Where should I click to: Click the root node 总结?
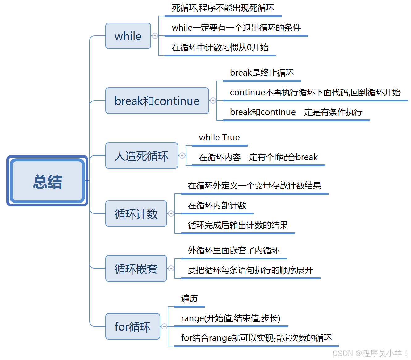pos(47,181)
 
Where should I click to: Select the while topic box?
pos(128,36)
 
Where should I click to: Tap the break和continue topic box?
pos(157,101)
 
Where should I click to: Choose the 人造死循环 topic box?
pos(141,156)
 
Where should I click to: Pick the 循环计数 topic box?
pos(136,214)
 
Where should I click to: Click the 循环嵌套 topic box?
pos(136,269)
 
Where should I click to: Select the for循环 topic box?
pos(132,327)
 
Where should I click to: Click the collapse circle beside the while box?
pos(155,36)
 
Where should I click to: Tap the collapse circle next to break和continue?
pos(213,101)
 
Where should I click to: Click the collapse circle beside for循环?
pos(164,326)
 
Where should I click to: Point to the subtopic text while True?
pos(219,138)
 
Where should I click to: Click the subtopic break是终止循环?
pos(262,73)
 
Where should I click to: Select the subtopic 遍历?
pos(189,299)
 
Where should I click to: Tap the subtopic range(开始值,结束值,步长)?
pos(231,318)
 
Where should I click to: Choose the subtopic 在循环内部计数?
pos(217,205)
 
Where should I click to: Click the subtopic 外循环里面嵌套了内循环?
pos(234,250)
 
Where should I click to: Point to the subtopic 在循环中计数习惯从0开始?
pos(220,48)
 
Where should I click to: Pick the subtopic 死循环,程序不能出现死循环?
pos(223,8)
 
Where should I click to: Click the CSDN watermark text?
pos(370,353)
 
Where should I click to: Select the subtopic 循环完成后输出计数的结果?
pos(238,225)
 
